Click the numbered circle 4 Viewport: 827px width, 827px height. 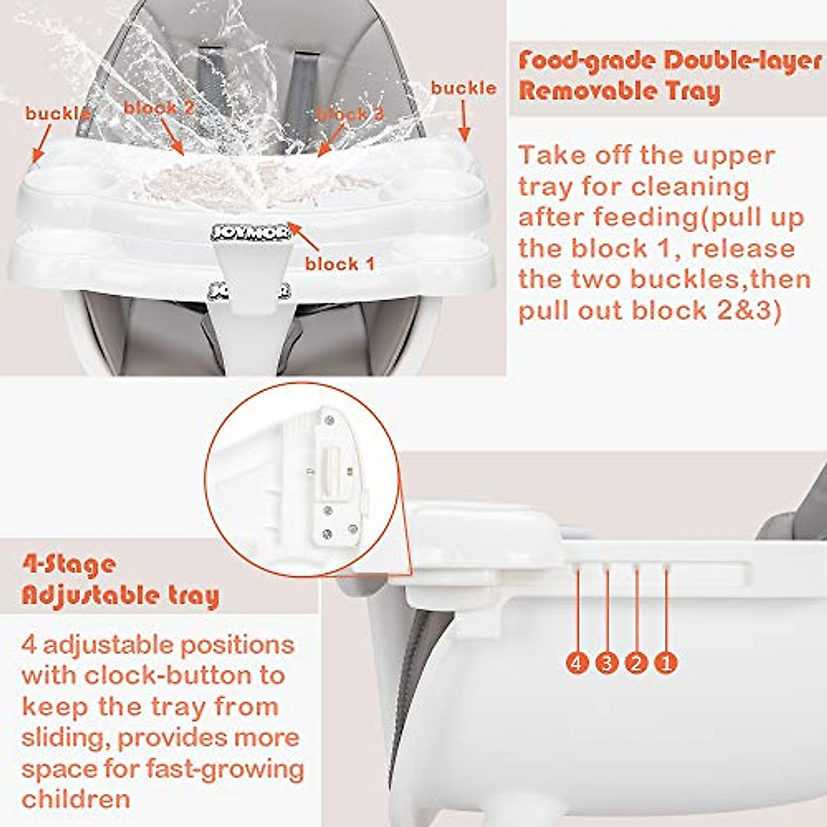click(577, 663)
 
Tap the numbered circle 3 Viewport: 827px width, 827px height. click(606, 663)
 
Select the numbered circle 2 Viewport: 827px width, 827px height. click(636, 663)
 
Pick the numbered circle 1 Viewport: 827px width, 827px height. click(666, 663)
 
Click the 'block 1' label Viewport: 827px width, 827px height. click(340, 264)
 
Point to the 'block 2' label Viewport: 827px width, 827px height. click(159, 108)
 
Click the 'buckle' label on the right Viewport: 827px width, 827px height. click(463, 88)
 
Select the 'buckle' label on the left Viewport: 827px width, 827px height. click(57, 114)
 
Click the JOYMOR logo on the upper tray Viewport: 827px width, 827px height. click(250, 233)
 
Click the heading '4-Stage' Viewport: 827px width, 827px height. click(69, 564)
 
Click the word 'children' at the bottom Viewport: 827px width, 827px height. click(76, 799)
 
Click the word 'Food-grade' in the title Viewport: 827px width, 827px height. click(586, 61)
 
